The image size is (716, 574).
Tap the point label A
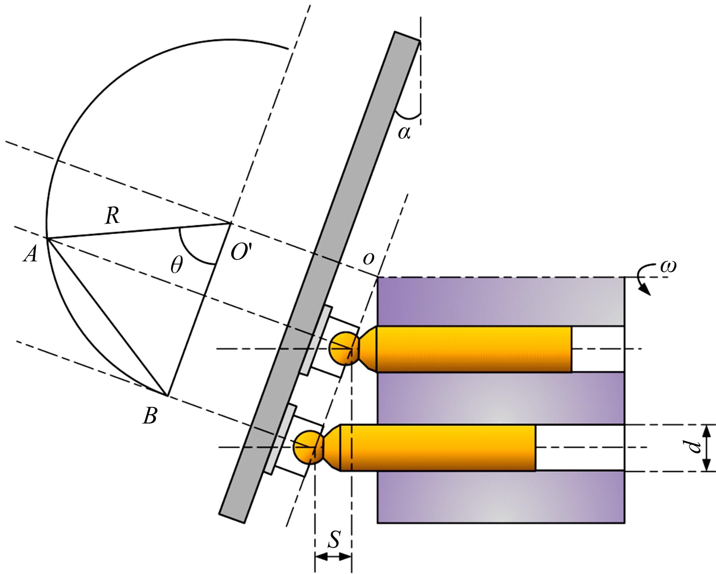[x=30, y=255]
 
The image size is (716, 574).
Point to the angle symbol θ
[x=176, y=265]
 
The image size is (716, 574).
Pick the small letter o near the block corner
[x=368, y=258]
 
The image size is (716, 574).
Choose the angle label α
[x=404, y=133]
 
